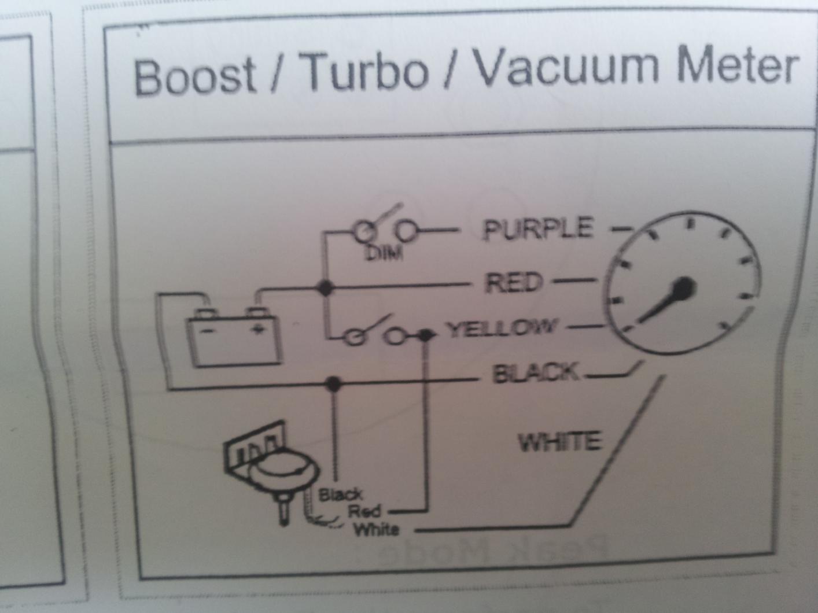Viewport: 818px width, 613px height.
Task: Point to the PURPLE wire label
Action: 539,229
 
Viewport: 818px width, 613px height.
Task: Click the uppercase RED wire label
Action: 514,283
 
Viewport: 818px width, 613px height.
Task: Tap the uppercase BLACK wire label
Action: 536,373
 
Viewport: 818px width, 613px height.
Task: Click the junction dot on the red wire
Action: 326,287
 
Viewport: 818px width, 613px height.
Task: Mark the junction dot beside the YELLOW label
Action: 426,335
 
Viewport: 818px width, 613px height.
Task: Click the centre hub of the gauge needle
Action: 684,287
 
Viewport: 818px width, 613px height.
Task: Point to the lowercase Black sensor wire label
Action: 341,494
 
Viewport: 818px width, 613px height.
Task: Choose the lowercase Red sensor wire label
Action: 364,511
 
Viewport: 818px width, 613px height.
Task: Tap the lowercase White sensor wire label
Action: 376,529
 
